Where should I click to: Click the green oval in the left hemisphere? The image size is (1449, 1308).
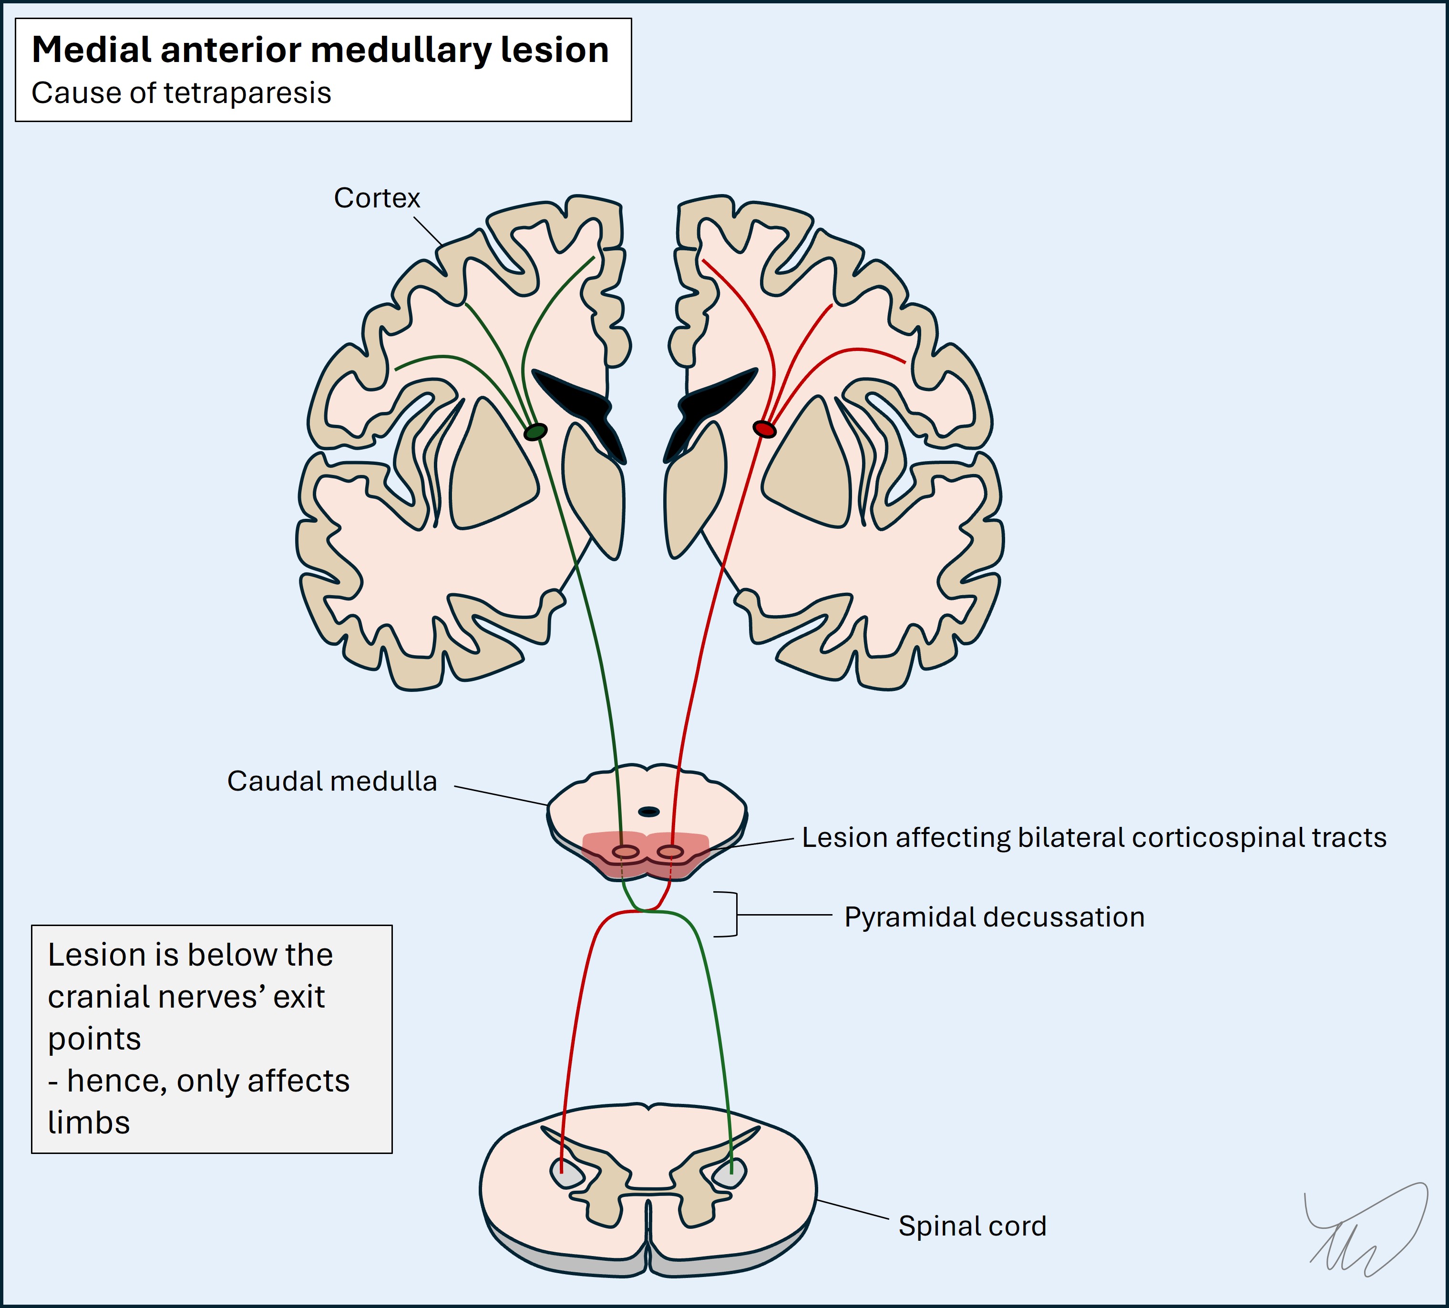point(535,432)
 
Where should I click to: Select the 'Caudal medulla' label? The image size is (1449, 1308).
point(331,781)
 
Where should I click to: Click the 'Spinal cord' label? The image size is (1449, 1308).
point(972,1226)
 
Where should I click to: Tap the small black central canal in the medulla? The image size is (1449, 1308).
point(649,812)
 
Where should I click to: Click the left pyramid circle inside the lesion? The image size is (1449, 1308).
point(626,852)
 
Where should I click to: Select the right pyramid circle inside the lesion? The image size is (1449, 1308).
point(670,852)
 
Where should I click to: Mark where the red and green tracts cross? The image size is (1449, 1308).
point(648,911)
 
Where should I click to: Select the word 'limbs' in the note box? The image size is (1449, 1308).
point(88,1123)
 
